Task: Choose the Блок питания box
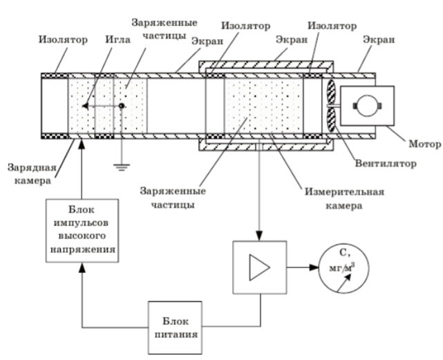(176, 327)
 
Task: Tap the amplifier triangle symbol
(259, 267)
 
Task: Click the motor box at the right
(366, 106)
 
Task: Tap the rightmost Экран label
(381, 39)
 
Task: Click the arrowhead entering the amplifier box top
(259, 237)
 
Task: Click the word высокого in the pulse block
(81, 236)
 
